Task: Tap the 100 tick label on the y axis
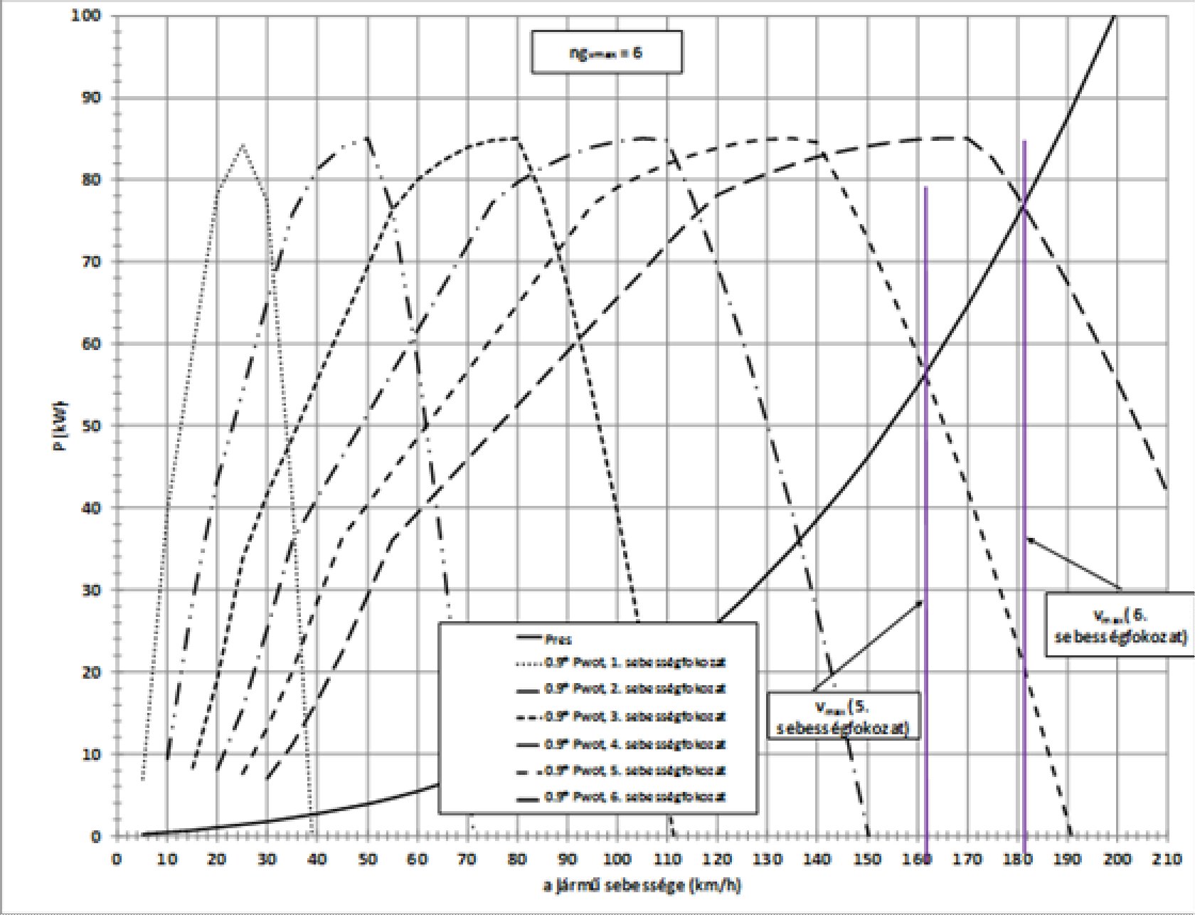[85, 15]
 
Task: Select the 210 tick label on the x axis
[1167, 858]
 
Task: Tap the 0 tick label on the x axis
[116, 858]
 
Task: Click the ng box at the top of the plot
[606, 52]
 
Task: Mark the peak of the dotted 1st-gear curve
[243, 144]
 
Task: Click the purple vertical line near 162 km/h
[925, 498]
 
